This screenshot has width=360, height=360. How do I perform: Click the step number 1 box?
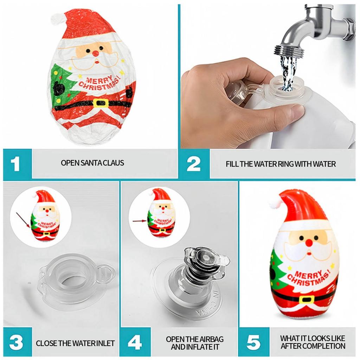17,164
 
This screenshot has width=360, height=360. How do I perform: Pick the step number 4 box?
135,342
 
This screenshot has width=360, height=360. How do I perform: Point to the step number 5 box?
253,342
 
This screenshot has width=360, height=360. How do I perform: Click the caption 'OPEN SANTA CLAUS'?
92,163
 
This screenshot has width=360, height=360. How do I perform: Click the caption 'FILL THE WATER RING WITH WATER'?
281,164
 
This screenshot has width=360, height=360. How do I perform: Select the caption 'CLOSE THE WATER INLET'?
75,343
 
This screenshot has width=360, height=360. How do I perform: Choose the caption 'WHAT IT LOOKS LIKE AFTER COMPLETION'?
313,342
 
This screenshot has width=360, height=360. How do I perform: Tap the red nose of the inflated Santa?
309,243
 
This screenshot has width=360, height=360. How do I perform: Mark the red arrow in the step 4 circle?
140,221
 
